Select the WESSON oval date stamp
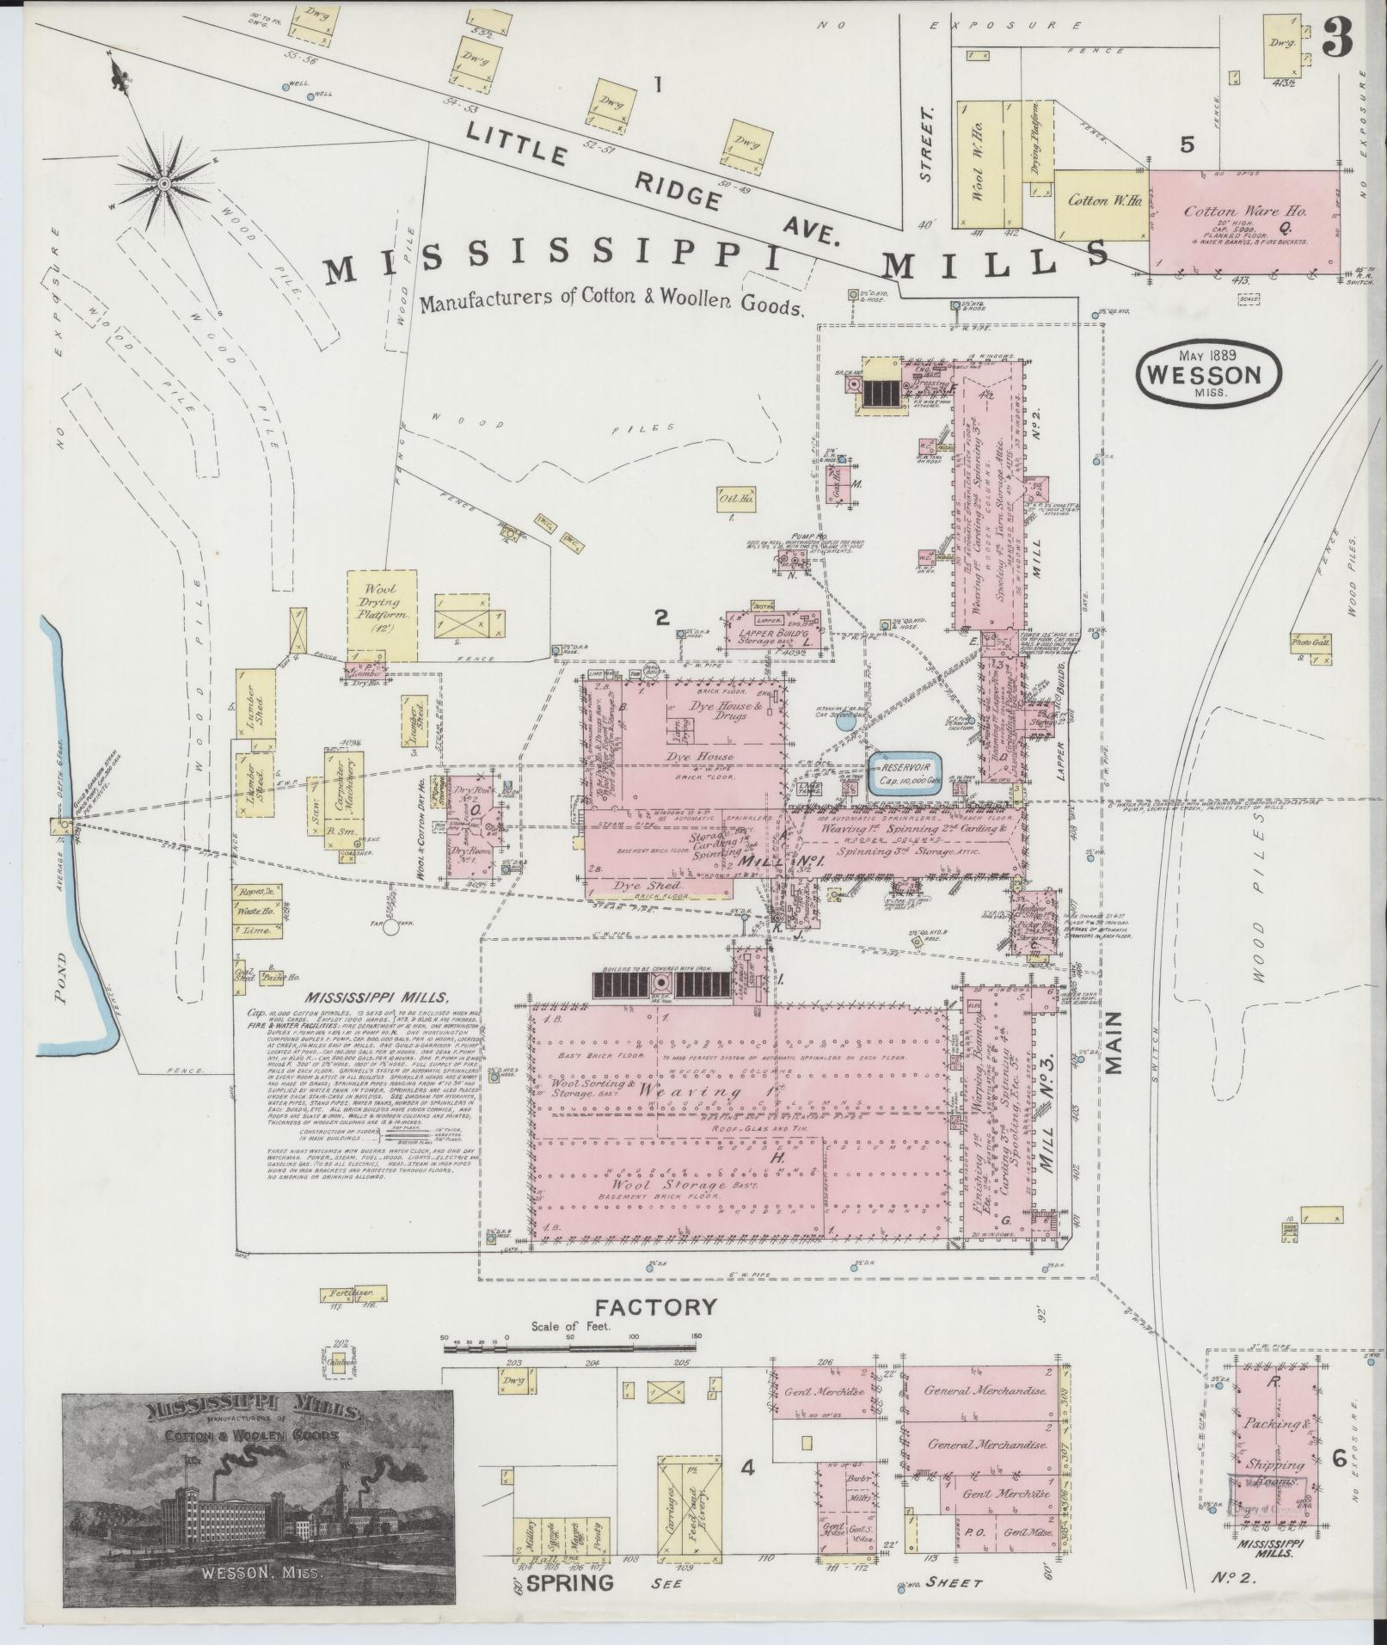coord(1208,375)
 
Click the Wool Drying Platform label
coord(382,605)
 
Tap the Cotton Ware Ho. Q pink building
coord(1244,221)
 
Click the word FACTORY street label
coord(656,1331)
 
